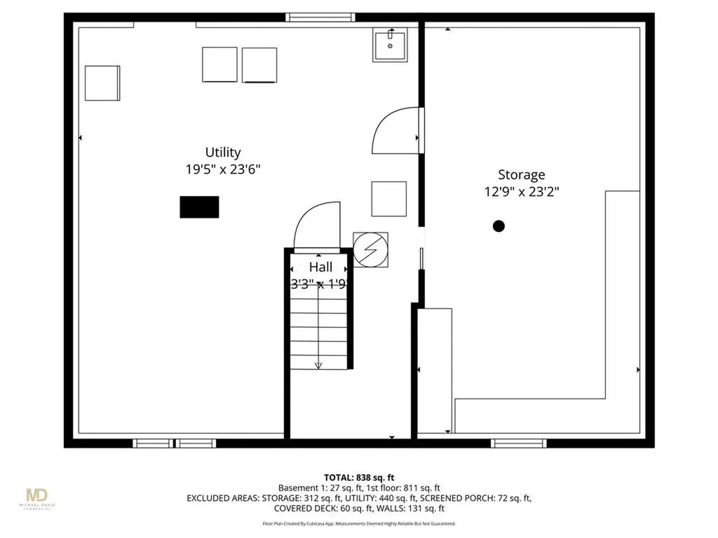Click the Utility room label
(223, 152)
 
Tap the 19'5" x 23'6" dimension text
(223, 169)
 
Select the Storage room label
(521, 175)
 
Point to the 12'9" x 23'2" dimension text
(521, 191)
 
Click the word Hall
(320, 268)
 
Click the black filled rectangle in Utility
(199, 207)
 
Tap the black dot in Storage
(499, 226)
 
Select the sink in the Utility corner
(390, 46)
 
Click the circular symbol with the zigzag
(370, 249)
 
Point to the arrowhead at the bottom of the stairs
(318, 365)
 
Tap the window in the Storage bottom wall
(519, 443)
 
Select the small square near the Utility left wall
(103, 83)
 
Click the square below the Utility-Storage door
(388, 198)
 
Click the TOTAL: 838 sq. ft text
(358, 477)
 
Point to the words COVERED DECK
(304, 509)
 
